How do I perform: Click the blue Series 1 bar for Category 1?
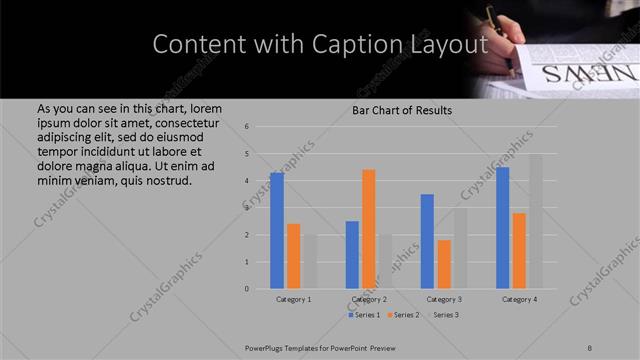point(277,231)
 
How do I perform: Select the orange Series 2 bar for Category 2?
point(369,229)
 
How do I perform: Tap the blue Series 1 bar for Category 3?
point(427,241)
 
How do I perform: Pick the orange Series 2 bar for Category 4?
point(519,251)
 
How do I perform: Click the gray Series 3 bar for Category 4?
point(535,222)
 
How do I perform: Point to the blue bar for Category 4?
point(502,228)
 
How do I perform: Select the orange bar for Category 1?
point(293,256)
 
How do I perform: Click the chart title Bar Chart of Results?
point(402,110)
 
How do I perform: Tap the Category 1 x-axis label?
point(293,299)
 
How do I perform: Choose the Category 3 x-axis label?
point(444,299)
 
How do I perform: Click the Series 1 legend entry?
point(365,315)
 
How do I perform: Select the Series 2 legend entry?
point(403,315)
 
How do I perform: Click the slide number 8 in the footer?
point(590,348)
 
